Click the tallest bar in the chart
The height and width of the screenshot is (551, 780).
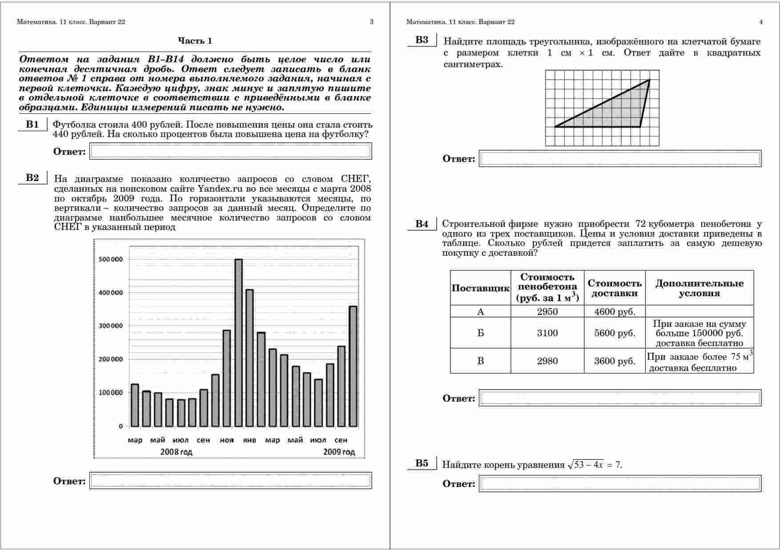238,342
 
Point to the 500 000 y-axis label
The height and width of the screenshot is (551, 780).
109,259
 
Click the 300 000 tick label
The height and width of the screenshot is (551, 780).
109,326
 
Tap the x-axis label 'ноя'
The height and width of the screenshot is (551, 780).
227,440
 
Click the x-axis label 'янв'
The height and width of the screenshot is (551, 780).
249,440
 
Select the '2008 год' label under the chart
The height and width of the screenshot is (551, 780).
177,452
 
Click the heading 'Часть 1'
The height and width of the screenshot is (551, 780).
195,41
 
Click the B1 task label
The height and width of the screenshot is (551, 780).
32,124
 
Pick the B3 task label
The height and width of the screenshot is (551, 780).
422,40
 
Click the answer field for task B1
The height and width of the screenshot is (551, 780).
230,151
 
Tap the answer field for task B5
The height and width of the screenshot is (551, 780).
620,483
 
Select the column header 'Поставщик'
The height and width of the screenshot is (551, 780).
480,288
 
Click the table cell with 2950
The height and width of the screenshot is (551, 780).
547,311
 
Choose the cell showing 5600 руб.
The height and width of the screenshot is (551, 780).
615,333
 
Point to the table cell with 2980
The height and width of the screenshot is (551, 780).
547,361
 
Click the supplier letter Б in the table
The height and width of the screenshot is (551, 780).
480,333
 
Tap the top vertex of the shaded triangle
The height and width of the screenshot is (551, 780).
649,80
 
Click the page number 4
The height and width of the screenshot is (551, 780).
761,22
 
